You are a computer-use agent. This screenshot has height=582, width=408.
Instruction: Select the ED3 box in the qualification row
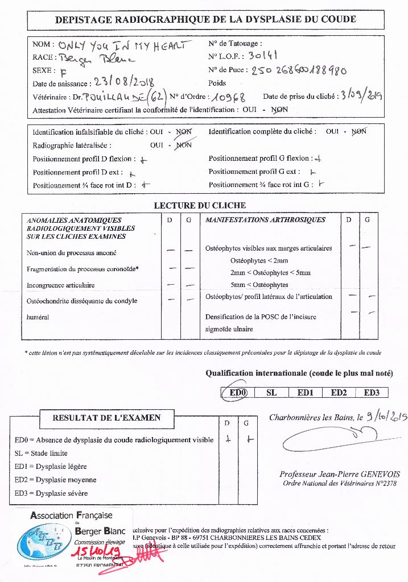(372, 393)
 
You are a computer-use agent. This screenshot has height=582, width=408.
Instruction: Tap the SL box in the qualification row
(271, 393)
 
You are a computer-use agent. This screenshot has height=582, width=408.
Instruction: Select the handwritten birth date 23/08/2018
(124, 83)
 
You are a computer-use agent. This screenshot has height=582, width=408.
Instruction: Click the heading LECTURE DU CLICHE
(200, 205)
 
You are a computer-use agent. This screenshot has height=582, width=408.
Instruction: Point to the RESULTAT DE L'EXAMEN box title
(107, 418)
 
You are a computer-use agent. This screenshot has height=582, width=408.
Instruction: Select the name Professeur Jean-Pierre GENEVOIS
(340, 475)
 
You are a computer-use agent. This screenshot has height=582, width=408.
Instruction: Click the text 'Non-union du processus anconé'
(71, 253)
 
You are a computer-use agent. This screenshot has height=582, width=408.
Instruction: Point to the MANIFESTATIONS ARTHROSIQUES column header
(265, 220)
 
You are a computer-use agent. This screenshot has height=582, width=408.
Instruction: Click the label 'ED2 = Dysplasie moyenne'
(55, 480)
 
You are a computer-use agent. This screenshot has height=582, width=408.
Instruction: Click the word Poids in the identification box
(217, 83)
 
